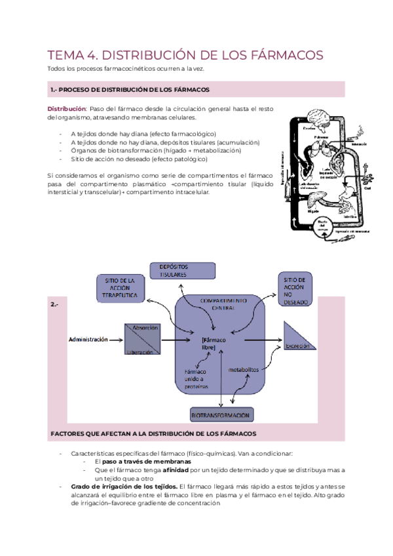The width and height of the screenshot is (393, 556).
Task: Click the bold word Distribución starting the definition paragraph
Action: pos(66,108)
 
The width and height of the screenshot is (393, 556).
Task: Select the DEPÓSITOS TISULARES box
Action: pos(174,271)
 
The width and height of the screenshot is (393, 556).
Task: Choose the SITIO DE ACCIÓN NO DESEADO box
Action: pos(295,289)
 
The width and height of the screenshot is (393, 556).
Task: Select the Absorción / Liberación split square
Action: pos(141,340)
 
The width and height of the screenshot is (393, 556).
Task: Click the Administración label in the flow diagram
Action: pos(88,340)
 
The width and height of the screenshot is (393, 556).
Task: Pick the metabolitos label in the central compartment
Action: pos(242,370)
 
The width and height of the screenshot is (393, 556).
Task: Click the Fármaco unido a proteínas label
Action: pos(196,379)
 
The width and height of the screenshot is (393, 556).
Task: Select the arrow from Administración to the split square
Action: pos(116,340)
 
